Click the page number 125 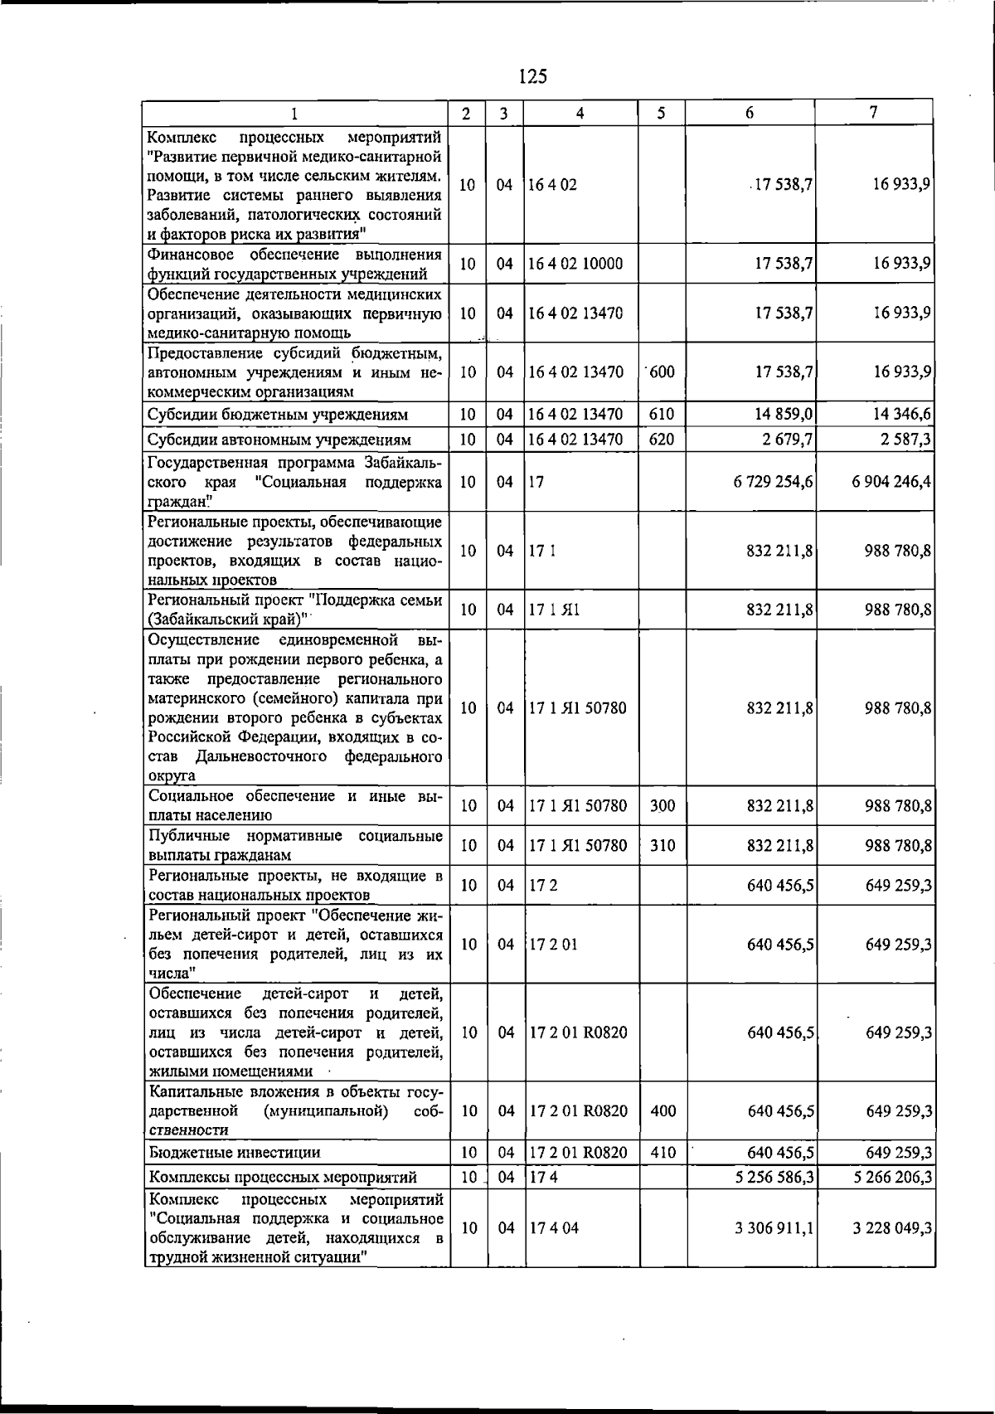[532, 76]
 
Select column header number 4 [580, 113]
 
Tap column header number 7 [874, 113]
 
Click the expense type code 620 [662, 440]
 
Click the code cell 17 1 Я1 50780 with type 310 [578, 846]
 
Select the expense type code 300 [662, 805]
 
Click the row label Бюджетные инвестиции [235, 1152]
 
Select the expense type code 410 [663, 1152]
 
